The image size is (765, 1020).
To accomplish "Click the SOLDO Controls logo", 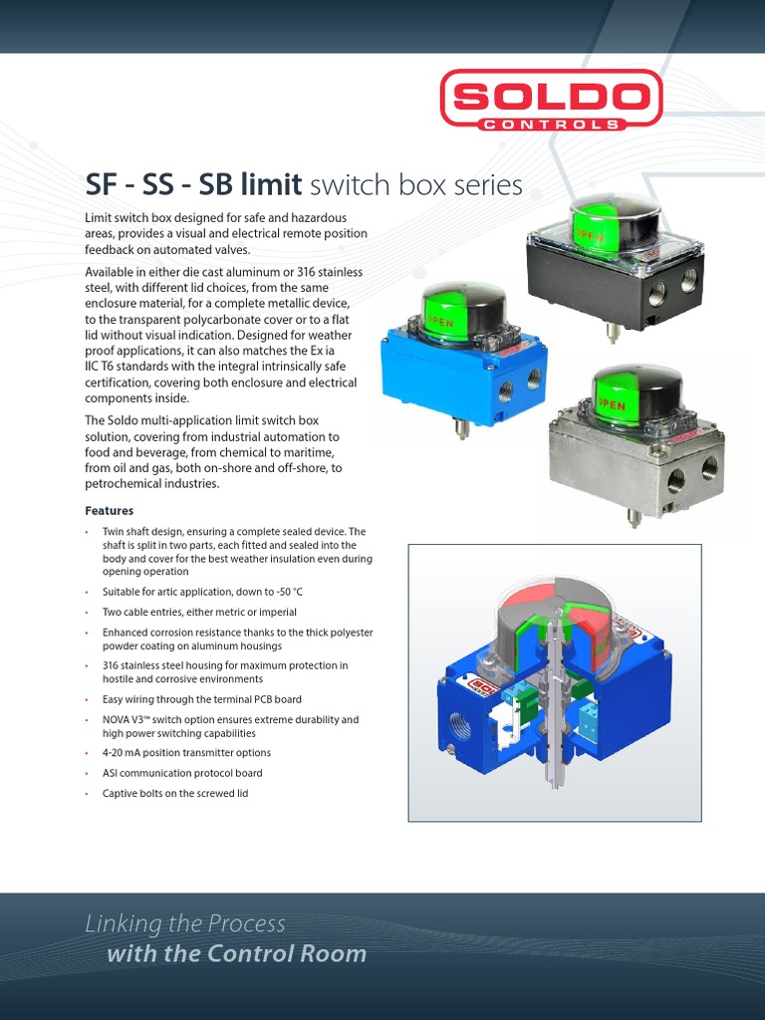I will [550, 100].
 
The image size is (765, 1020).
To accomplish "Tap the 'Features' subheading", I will [110, 511].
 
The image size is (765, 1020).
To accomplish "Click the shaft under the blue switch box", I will [462, 428].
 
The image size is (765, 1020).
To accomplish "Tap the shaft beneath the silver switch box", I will [634, 516].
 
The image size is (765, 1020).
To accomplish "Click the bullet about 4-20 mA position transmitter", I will [186, 753].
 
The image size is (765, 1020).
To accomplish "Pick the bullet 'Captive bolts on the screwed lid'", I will [175, 793].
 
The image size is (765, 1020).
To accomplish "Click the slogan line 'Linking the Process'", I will [185, 923].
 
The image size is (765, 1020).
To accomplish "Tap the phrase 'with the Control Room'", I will [236, 954].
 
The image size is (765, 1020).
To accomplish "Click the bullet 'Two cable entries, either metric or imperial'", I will [199, 612].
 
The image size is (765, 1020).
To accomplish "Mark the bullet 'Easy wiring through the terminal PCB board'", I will [201, 699].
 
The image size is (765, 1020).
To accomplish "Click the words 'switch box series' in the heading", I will [416, 185].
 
